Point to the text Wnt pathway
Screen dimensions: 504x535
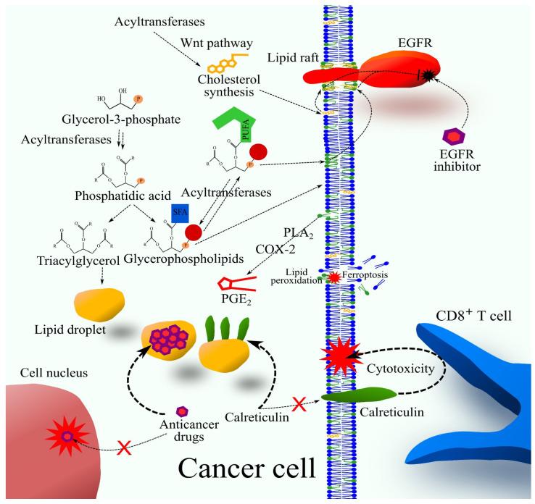207,44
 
